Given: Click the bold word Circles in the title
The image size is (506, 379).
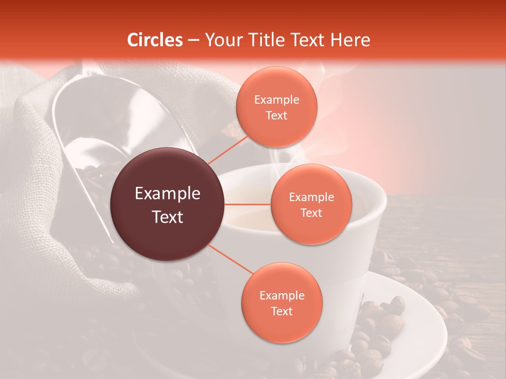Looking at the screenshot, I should [x=155, y=40].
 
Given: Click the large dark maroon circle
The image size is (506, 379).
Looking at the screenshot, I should [x=168, y=204].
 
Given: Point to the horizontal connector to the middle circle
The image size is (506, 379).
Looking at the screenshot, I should [x=248, y=204].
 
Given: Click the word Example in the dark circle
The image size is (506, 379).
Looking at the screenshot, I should [x=168, y=194].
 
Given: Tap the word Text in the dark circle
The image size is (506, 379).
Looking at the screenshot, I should [x=168, y=217].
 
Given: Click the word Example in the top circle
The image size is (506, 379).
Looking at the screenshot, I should [x=276, y=100].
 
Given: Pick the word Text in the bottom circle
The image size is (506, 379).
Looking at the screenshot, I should [x=281, y=311].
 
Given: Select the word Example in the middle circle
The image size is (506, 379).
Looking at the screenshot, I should [x=311, y=197].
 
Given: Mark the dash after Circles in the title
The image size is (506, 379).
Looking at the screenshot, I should [x=193, y=41].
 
